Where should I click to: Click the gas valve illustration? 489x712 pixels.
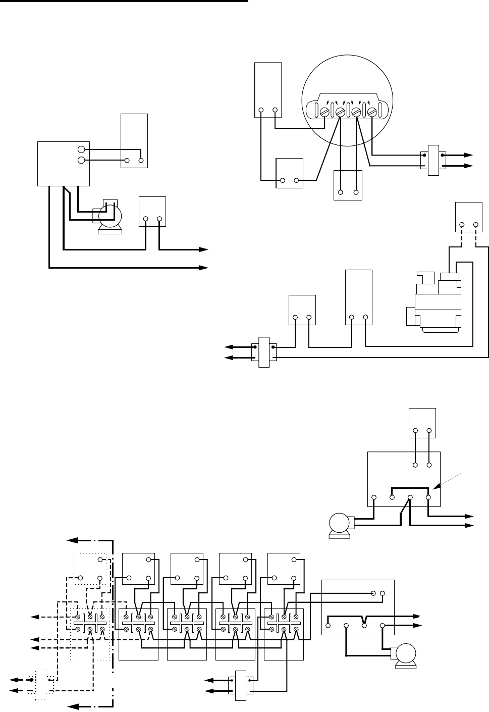click(435, 303)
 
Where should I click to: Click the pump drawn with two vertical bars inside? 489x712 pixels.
click(109, 216)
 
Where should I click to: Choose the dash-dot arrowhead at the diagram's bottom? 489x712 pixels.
click(74, 705)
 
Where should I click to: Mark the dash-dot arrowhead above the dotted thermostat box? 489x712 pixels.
click(74, 540)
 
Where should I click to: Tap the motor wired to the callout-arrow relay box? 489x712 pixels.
click(340, 524)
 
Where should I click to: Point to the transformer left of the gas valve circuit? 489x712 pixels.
click(263, 352)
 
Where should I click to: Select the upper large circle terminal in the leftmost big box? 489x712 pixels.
click(81, 149)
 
